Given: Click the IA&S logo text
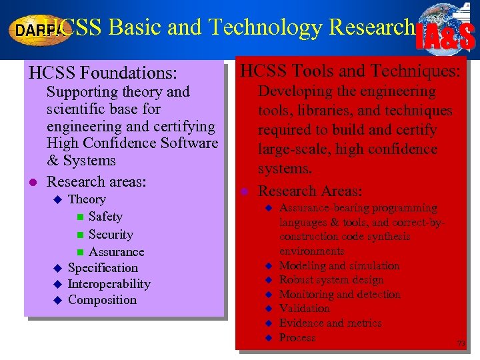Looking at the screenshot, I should coord(445,37).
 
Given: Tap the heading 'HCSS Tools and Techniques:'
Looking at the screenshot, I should coord(350,70).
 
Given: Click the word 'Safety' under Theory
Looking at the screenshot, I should coord(105,217).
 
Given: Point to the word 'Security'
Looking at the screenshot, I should coord(111,234).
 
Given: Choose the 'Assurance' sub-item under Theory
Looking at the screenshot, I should coord(116,251).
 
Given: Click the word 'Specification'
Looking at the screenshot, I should coord(103,268).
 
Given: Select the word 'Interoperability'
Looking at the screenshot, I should coord(109,284).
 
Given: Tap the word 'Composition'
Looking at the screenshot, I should coord(102,300).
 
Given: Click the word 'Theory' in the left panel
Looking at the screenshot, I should coord(87,199).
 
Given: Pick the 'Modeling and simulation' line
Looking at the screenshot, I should coord(339,265).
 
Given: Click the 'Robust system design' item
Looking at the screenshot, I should coord(331,280).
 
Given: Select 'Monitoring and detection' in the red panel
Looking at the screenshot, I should coord(340,294).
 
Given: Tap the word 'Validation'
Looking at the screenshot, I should coord(304,309).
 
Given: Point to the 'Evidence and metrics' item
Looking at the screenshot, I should coord(331,323).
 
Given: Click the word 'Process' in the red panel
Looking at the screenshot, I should coord(297,338).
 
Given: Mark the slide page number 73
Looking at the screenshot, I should coord(460,343).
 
